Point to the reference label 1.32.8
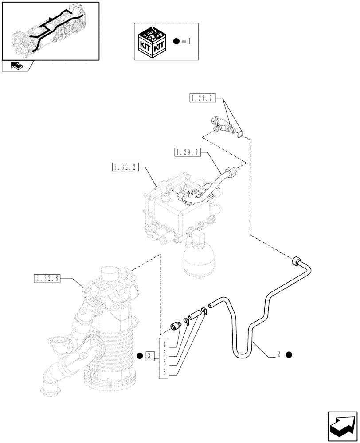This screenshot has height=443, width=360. tap(47, 279)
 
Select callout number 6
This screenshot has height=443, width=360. tap(164, 362)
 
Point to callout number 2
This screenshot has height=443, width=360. tap(278, 354)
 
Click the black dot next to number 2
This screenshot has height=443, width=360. tap(290, 354)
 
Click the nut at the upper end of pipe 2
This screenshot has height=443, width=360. tap(296, 261)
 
